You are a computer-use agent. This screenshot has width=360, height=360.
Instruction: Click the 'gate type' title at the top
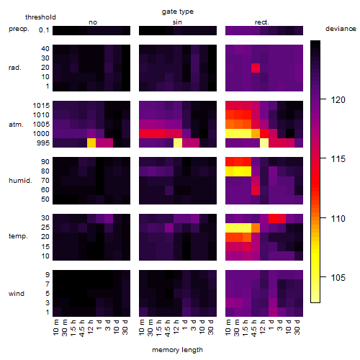pyautogui.click(x=178, y=12)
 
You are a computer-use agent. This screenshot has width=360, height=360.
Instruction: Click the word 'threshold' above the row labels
pyautogui.click(x=40, y=17)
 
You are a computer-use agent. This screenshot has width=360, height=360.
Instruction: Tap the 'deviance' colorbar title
pyautogui.click(x=341, y=29)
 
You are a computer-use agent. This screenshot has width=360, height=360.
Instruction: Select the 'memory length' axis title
pyautogui.click(x=177, y=350)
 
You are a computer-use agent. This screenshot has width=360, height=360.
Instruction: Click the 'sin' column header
pyautogui.click(x=177, y=22)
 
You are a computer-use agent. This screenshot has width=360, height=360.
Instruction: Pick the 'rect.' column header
pyautogui.click(x=262, y=22)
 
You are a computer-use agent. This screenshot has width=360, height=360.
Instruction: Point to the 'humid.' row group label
pyautogui.click(x=20, y=181)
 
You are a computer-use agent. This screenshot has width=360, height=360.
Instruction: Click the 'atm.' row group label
pyautogui.click(x=16, y=125)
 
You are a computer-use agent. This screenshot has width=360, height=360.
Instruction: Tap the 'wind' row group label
pyautogui.click(x=17, y=294)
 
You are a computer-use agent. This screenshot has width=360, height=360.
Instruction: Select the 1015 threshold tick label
pyautogui.click(x=41, y=106)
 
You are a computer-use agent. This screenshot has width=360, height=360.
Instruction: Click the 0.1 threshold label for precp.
pyautogui.click(x=44, y=30)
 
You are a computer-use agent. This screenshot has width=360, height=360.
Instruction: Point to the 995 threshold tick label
pyautogui.click(x=43, y=143)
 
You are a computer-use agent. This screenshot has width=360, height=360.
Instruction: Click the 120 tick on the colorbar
pyautogui.click(x=338, y=100)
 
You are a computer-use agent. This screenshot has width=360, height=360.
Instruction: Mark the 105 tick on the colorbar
pyautogui.click(x=338, y=278)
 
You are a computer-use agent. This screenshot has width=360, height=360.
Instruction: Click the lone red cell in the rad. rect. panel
pyautogui.click(x=256, y=68)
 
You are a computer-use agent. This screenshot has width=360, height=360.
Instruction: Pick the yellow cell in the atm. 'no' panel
pyautogui.click(x=91, y=143)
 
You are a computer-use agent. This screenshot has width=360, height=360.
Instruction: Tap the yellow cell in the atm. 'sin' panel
pyautogui.click(x=178, y=143)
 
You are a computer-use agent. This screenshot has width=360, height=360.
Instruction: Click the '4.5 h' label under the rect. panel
pyautogui.click(x=254, y=328)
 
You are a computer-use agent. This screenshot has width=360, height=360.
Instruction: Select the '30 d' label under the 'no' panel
pyautogui.click(x=125, y=327)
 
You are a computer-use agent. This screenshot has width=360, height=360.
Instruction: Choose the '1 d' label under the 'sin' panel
pyautogui.click(x=185, y=325)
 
